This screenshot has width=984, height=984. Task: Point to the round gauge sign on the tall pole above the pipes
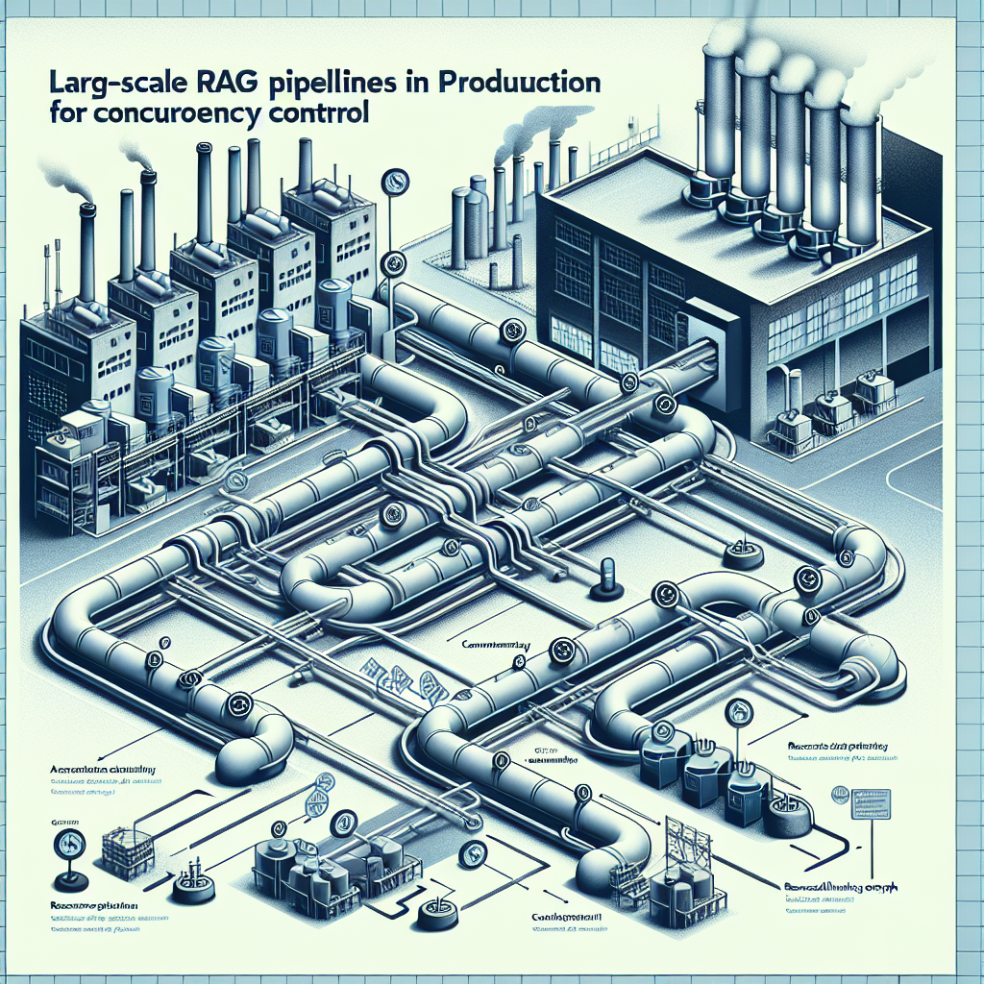pos(392,181)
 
